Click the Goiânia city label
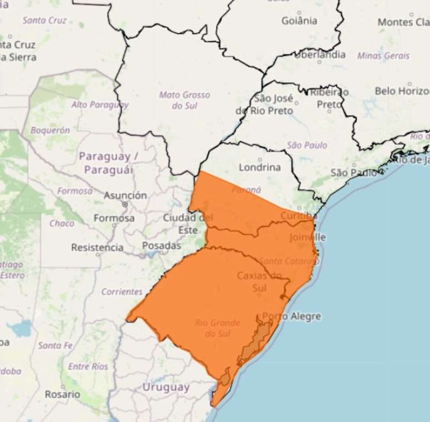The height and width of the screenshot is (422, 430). [299, 21]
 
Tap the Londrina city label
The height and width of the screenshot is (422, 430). [260, 167]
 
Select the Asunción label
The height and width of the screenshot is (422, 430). [125, 195]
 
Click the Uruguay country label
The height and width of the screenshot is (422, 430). [166, 387]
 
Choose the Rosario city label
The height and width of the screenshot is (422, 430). [62, 394]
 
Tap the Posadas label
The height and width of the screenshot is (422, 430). [162, 245]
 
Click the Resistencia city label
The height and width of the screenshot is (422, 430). [97, 247]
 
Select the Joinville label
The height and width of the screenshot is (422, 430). [308, 237]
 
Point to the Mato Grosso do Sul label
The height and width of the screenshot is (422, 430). [184, 100]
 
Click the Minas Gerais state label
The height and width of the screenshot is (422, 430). [383, 56]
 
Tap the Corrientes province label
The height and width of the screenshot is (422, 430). [122, 291]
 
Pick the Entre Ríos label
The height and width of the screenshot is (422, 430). [88, 366]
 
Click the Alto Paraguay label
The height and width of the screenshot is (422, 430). [99, 104]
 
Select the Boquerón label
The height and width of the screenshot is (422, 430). [50, 130]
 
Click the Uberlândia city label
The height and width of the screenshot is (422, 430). [319, 54]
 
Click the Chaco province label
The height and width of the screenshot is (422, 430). [62, 223]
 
